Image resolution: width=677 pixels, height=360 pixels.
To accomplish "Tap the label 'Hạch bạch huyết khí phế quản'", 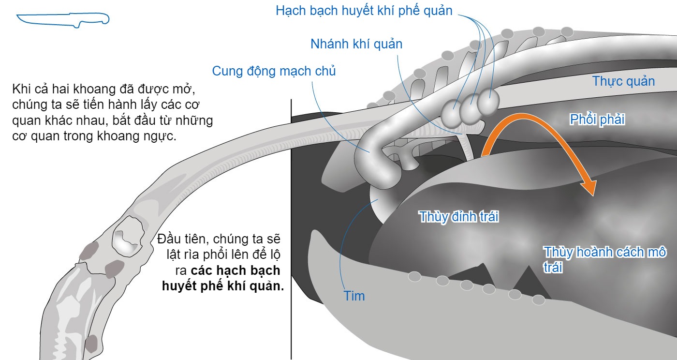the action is click(364, 11).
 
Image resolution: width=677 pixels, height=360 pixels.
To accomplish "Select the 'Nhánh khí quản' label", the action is click(356, 44).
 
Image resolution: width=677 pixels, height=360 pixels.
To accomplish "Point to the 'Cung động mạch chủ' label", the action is click(274, 72).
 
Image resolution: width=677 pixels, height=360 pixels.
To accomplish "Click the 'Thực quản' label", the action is click(623, 81).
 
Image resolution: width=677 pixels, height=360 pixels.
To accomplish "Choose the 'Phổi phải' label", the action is click(597, 120).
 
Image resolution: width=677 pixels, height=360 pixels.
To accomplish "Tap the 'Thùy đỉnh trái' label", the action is click(459, 217).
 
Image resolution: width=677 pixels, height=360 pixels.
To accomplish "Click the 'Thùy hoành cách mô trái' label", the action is click(604, 259).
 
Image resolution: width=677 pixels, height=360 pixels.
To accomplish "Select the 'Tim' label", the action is click(354, 296).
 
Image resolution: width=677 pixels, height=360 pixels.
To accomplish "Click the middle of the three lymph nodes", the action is click(470, 108).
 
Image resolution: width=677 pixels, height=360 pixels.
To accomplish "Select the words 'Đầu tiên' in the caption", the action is click(183, 239).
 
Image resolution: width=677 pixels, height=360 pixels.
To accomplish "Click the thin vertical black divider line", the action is click(291, 229).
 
